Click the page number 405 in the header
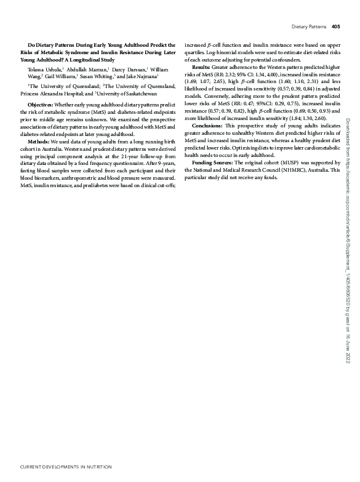tap(335, 26)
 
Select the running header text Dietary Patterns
tap(309, 26)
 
